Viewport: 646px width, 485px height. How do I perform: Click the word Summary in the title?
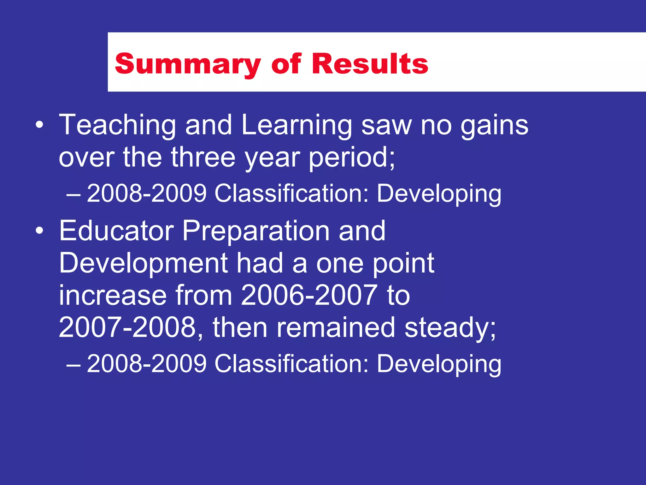tap(188, 64)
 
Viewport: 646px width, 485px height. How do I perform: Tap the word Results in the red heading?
tap(370, 64)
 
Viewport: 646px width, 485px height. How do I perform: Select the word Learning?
tap(297, 125)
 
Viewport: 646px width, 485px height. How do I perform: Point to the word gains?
tap(494, 125)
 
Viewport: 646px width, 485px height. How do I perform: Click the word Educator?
tap(116, 231)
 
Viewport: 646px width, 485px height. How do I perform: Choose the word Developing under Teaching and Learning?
tap(439, 193)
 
